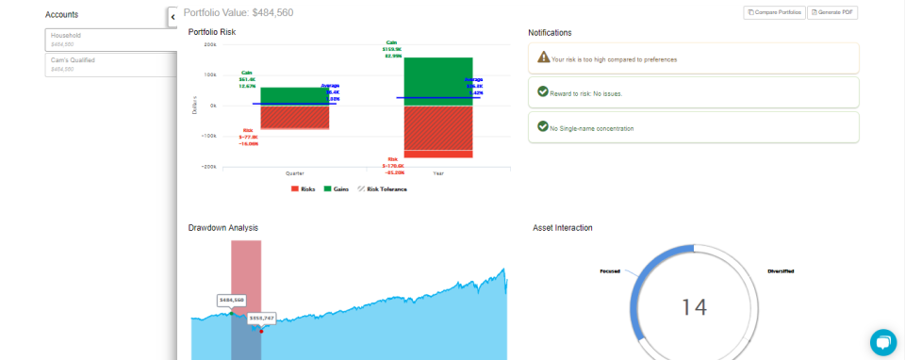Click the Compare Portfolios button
(x=774, y=12)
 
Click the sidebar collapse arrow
(x=173, y=17)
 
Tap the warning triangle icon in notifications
(x=543, y=57)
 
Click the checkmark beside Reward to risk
(x=543, y=92)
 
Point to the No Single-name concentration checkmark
(x=543, y=126)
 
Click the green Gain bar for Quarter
(x=294, y=95)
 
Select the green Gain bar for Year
(x=437, y=80)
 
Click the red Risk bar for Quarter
(x=294, y=117)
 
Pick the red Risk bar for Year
(x=437, y=132)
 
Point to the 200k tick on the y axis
(x=209, y=44)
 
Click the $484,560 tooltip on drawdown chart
(x=231, y=300)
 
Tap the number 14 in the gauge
(x=694, y=307)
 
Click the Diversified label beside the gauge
(x=781, y=270)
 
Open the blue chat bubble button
(x=882, y=342)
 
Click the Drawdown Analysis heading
(x=223, y=228)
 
